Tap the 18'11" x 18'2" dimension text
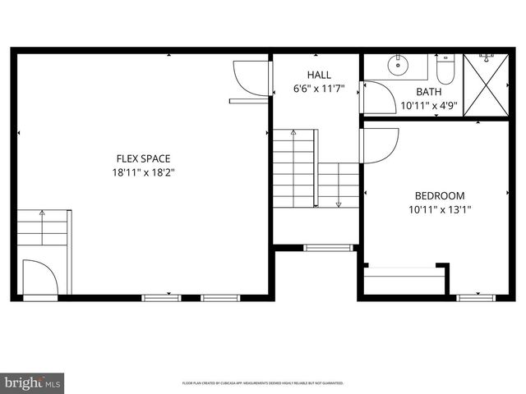(x=145, y=172)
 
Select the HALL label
(x=319, y=75)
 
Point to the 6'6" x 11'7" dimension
(x=319, y=88)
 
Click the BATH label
(x=428, y=92)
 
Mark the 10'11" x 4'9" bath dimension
(x=428, y=106)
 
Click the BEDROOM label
(x=439, y=195)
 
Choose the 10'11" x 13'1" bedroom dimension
(x=439, y=209)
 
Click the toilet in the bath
(x=445, y=63)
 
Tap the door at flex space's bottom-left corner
(x=39, y=277)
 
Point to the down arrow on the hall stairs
(x=338, y=203)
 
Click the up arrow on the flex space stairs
(x=42, y=213)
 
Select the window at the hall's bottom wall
(x=327, y=246)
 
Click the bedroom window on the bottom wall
(x=476, y=297)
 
